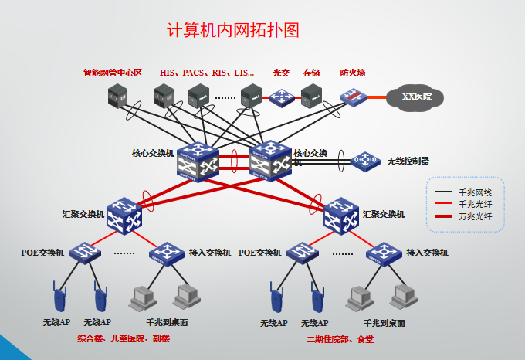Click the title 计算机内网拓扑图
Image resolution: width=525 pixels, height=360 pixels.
click(232, 31)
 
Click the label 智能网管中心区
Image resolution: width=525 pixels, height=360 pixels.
click(113, 73)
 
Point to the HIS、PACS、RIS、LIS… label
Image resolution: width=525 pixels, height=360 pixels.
click(206, 73)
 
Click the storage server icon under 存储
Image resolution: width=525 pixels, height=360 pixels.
click(311, 96)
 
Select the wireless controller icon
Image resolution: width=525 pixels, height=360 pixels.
click(364, 161)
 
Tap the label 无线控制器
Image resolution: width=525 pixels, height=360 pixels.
click(408, 161)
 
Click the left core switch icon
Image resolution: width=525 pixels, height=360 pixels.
click(198, 161)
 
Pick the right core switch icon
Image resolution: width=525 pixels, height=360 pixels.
click(270, 161)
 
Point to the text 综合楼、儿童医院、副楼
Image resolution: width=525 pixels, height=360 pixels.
click(124, 339)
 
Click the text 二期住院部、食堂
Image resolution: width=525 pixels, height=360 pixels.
click(340, 339)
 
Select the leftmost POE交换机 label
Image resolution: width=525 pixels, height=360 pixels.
click(42, 253)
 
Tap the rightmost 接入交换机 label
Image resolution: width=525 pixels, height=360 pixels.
click(427, 253)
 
